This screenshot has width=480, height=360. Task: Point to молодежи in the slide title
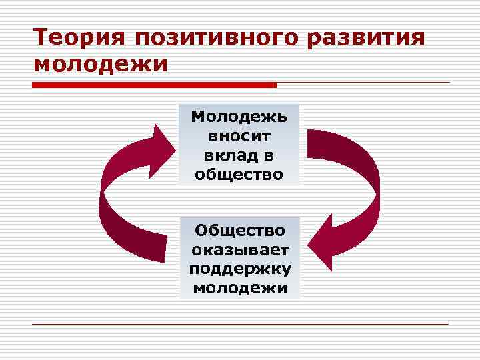pos(100,65)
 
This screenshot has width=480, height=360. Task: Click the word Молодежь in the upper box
pos(239,117)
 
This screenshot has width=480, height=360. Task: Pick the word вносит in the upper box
pos(239,137)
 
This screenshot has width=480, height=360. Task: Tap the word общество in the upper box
pos(239,175)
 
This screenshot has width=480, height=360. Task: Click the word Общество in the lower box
pos(239,231)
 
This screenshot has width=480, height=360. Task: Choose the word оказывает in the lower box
pos(239,250)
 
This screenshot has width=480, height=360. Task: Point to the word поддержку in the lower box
pos(239,269)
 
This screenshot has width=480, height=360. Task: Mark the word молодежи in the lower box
pos(239,289)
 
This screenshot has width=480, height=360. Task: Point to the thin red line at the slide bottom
pos(240,324)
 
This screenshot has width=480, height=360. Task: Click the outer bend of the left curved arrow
pos(104,200)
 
